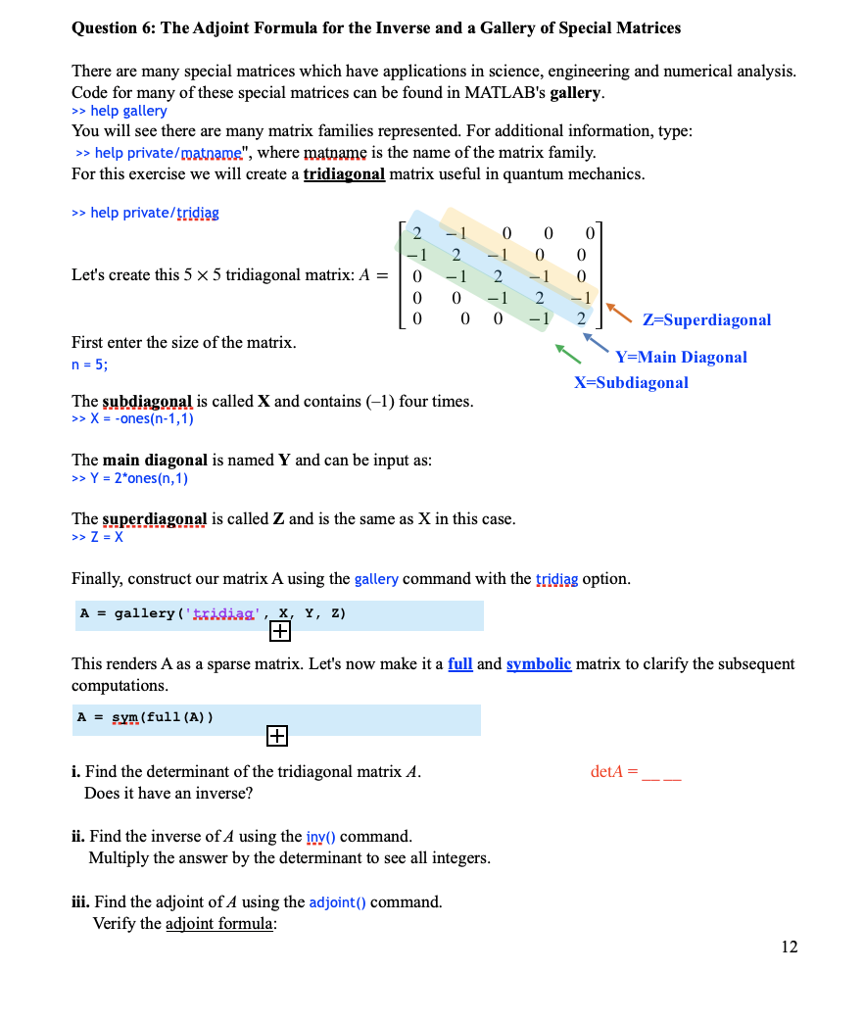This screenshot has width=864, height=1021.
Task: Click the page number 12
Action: (790, 946)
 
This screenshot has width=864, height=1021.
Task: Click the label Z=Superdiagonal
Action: (706, 319)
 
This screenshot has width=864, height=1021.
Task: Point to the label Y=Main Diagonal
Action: (681, 357)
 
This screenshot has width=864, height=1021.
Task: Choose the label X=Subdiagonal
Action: (631, 382)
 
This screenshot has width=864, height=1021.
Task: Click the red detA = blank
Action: (636, 772)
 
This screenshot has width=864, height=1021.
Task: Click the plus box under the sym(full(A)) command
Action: (275, 735)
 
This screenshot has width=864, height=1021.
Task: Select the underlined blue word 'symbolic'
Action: (538, 663)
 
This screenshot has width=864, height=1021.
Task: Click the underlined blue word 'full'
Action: (460, 663)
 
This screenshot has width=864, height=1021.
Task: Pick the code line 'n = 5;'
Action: (90, 365)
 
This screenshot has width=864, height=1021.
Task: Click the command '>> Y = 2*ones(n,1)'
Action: (130, 478)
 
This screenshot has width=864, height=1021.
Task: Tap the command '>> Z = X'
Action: (98, 537)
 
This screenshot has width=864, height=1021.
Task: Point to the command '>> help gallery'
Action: (120, 111)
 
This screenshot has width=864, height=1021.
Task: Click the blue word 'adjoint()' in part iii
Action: (337, 901)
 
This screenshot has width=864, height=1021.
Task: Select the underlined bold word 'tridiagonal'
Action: (344, 173)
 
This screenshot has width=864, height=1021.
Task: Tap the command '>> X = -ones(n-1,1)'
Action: (133, 418)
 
